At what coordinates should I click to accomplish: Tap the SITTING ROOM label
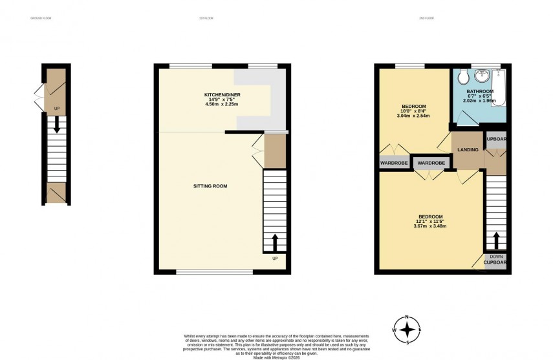tap(210, 186)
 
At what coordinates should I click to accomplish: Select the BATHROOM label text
tap(479, 92)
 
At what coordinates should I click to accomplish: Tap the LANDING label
tap(468, 150)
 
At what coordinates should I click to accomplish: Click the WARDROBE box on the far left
tap(394, 163)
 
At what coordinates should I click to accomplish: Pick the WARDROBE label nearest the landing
tap(431, 163)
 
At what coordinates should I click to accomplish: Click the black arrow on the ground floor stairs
tap(56, 124)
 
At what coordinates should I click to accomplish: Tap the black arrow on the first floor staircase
tap(275, 243)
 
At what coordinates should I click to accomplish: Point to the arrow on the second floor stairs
tap(496, 241)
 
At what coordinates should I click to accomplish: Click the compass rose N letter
tap(407, 316)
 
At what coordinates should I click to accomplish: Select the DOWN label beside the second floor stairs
tap(496, 257)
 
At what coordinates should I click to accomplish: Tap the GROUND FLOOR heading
tap(40, 18)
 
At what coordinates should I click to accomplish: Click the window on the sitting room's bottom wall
tap(214, 272)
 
